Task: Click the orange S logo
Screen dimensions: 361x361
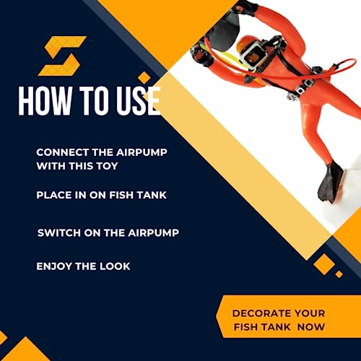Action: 62,56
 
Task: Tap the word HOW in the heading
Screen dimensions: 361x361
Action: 45,100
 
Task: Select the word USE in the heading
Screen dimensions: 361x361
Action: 139,100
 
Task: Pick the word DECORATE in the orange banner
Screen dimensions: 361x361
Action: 261,313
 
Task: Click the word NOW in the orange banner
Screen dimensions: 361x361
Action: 311,327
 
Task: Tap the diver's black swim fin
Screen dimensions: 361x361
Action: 330,182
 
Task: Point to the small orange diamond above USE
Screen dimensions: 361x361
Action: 144,77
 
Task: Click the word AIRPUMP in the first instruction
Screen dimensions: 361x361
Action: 142,152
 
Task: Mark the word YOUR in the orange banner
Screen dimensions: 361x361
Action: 310,313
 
